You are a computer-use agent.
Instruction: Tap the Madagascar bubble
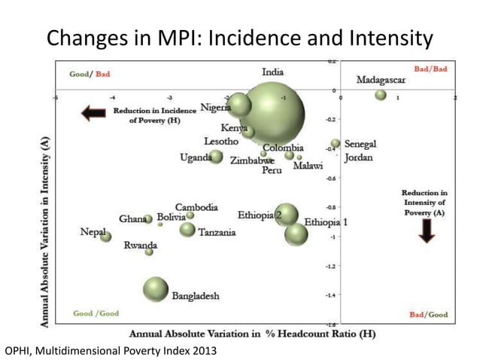pos(381,95)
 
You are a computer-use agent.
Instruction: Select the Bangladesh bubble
pos(156,289)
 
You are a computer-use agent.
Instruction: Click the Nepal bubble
pos(106,236)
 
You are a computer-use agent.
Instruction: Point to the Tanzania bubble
pos(187,229)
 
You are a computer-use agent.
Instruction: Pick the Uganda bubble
pos(216,157)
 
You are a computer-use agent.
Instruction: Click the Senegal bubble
pos(336,143)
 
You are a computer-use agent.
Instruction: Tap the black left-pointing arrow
pos(93,114)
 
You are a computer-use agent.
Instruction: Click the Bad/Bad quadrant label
pos(430,69)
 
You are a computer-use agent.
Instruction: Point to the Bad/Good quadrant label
pos(427,314)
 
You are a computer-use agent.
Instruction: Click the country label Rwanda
pos(141,246)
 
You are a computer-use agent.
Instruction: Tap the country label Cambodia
pos(196,207)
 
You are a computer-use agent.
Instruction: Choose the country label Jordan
pos(358,158)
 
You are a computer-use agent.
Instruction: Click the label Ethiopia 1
pos(327,223)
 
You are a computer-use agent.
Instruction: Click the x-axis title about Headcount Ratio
pos(253,333)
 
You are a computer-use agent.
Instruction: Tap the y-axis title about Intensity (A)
pos(46,230)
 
